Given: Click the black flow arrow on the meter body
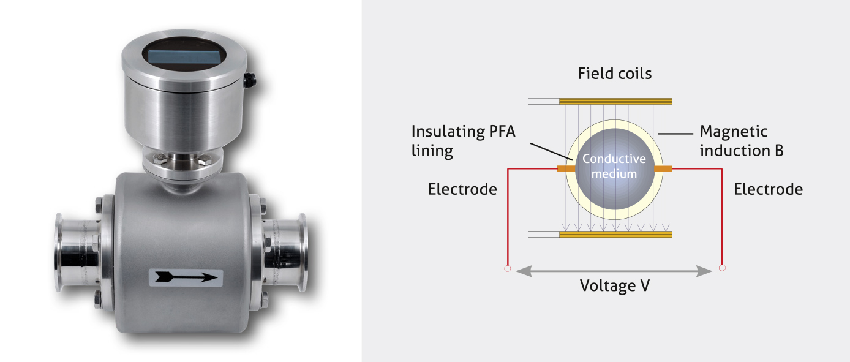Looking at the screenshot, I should pos(187,277).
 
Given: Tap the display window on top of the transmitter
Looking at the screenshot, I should pos(184,56).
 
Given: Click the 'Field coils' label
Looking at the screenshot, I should pos(614,74).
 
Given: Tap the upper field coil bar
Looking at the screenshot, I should pos(615,100).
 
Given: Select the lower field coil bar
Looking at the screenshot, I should pos(615,234).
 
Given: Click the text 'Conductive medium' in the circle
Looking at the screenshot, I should pos(614,166).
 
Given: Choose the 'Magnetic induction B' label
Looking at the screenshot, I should pos(742,141).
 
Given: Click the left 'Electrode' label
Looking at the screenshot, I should pos(462,189).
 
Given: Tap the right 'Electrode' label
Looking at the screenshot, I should pos(768,189).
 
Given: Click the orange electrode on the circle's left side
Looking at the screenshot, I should pos(563,167).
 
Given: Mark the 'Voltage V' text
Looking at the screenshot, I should pos(614,285).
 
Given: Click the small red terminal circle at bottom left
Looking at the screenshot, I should pos(507,268).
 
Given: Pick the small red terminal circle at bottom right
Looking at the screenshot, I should pos(722,268).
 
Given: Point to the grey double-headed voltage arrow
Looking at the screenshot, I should pos(614,270).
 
